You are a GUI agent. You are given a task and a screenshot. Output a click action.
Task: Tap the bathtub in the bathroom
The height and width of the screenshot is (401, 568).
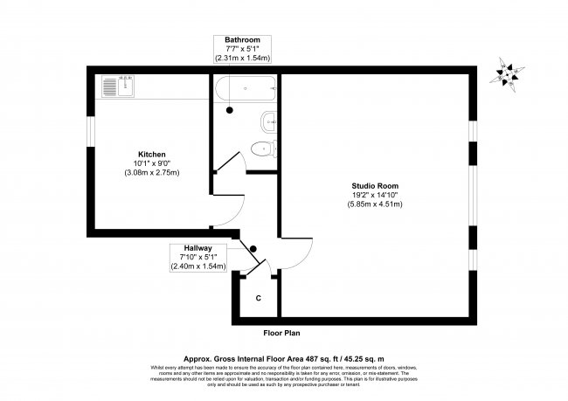click(x=246, y=87)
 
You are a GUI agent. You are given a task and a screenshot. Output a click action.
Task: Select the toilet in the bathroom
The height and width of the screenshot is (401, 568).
click(x=263, y=148)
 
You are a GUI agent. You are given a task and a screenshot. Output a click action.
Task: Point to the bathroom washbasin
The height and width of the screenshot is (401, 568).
click(x=268, y=121)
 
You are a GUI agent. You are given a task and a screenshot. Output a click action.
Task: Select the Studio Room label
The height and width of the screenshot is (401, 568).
click(x=376, y=184)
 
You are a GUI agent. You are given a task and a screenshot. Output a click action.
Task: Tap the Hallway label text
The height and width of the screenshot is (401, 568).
click(x=199, y=247)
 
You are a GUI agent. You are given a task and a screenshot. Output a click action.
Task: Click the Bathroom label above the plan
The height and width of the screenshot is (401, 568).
click(x=243, y=39)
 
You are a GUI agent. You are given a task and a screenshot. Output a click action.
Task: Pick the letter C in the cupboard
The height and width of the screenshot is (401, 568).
click(x=258, y=298)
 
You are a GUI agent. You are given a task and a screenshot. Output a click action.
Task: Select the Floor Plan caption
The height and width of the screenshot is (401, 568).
click(x=283, y=333)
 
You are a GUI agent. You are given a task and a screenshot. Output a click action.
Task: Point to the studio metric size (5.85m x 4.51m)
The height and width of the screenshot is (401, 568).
click(x=376, y=204)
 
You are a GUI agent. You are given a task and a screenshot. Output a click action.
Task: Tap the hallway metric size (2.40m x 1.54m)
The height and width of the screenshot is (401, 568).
click(x=199, y=266)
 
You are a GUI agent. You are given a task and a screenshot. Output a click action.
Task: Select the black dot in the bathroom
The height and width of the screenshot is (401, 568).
click(x=231, y=110)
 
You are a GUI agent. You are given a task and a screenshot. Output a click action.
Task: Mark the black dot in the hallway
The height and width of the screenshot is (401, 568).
click(x=253, y=248)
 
